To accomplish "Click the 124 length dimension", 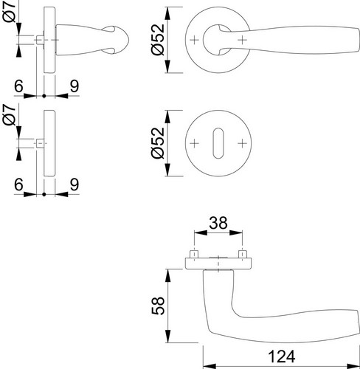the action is point(281,356).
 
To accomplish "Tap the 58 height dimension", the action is point(158,306).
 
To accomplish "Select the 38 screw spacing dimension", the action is point(218,223).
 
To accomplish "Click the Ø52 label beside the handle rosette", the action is point(158,39).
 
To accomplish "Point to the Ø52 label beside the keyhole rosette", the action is point(158,143).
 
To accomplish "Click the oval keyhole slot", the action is point(218,143).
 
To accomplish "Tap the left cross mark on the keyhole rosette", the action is point(194,143).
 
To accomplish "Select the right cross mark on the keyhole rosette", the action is point(242,143).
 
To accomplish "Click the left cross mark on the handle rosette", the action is point(194,40).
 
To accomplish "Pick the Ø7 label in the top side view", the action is point(10,12).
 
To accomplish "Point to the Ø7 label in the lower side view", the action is point(10,114).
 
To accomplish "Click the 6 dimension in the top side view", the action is point(18,86).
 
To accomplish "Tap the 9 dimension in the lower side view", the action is point(75,184).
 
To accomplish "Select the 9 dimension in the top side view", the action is point(75,86).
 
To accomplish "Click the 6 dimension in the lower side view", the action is point(18,184).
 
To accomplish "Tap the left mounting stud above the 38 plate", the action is point(194,255).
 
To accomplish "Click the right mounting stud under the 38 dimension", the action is point(243,255).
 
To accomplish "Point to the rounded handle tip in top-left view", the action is point(126,40).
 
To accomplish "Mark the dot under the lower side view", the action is point(44,194).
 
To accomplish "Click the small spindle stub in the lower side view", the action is point(40,143).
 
